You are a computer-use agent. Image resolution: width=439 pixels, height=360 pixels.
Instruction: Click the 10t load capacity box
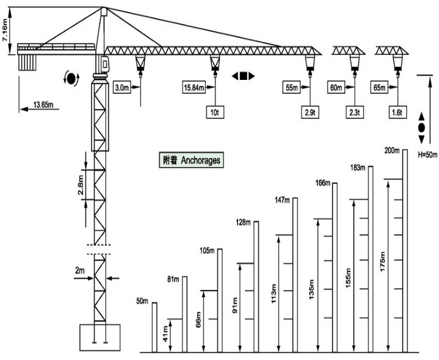pyautogui.click(x=215, y=112)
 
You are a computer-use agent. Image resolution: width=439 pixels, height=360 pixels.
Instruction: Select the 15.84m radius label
pyautogui.click(x=194, y=87)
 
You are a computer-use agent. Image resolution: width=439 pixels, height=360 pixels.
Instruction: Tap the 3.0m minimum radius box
pyautogui.click(x=122, y=87)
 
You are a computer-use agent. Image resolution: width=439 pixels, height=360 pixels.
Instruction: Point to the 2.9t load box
pyautogui.click(x=310, y=112)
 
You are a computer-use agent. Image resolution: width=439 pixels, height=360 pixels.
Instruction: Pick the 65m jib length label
pyautogui.click(x=379, y=87)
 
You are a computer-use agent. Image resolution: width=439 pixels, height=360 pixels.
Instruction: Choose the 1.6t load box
pyautogui.click(x=397, y=112)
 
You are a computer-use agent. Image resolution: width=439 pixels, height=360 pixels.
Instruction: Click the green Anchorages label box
pyautogui.click(x=191, y=160)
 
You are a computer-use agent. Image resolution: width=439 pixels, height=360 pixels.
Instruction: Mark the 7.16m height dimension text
pyautogui.click(x=5, y=31)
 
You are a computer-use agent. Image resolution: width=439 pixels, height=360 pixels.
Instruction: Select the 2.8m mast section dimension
pyautogui.click(x=81, y=185)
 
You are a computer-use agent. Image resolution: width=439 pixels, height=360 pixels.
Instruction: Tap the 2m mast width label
pyautogui.click(x=80, y=270)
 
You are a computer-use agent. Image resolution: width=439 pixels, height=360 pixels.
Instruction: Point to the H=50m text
pyautogui.click(x=427, y=155)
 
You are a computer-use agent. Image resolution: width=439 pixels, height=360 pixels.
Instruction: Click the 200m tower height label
pyautogui.click(x=392, y=150)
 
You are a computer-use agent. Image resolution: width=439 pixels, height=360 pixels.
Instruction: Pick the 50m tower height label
pyautogui.click(x=142, y=301)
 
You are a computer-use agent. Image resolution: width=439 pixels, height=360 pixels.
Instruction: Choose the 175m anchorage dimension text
pyautogui.click(x=383, y=261)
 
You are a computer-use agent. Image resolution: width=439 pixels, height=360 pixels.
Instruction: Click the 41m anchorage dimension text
pyautogui.click(x=166, y=334)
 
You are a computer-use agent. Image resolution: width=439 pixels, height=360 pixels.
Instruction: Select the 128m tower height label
pyautogui.click(x=243, y=222)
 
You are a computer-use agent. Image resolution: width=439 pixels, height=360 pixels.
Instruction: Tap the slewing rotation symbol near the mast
pyautogui.click(x=71, y=78)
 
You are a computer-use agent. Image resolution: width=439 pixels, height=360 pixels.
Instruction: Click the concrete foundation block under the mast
pyautogui.click(x=100, y=337)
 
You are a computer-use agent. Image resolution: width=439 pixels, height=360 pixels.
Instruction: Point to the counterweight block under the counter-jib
pyautogui.click(x=27, y=62)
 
